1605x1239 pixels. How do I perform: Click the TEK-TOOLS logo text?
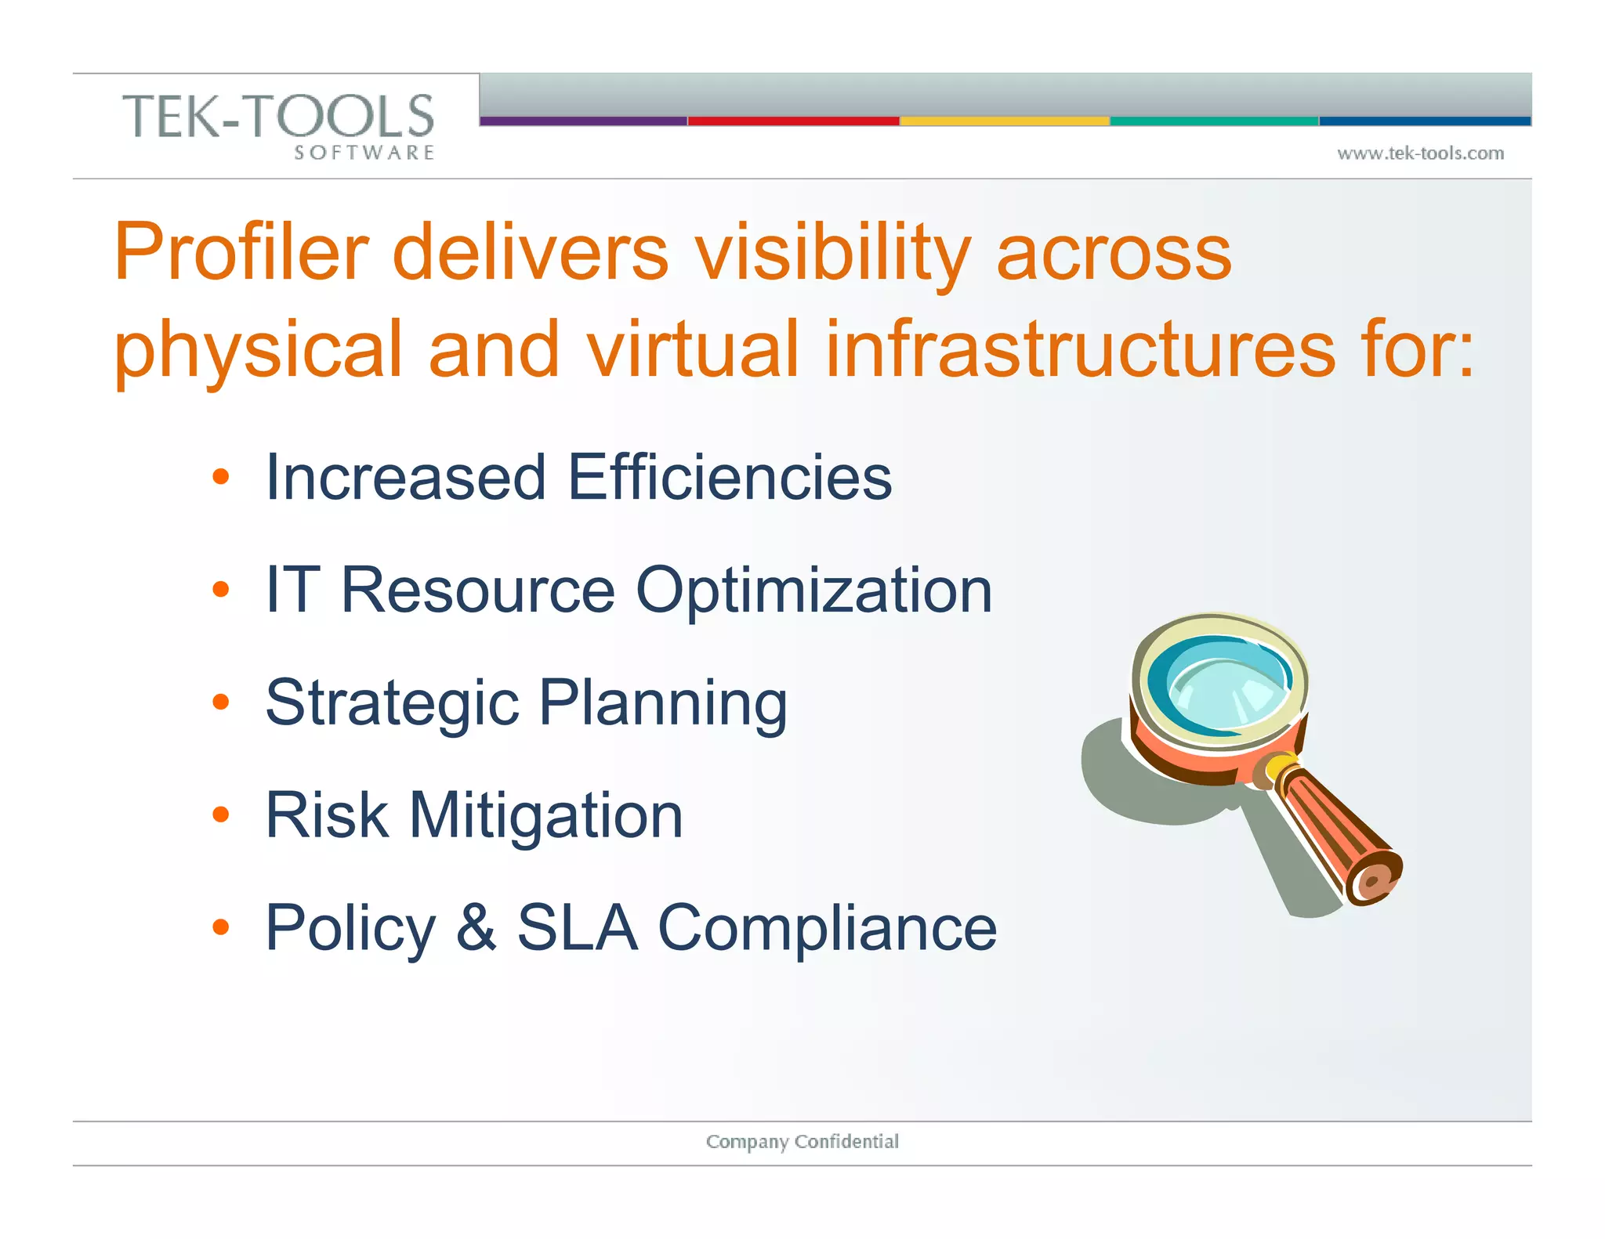[278, 116]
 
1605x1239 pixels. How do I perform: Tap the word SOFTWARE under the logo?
[364, 153]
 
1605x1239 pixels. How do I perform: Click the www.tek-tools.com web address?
[1420, 154]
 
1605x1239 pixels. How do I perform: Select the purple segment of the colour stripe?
[583, 121]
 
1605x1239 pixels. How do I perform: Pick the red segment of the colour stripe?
[793, 121]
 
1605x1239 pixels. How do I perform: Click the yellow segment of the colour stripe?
[1005, 121]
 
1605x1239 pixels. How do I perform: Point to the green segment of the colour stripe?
[1214, 121]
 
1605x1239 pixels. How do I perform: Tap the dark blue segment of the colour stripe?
[1425, 121]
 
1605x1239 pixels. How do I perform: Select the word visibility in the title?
[832, 252]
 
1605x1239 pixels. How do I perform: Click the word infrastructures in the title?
[1080, 349]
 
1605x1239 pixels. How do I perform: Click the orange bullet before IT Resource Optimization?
[221, 589]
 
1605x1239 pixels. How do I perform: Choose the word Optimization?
[813, 591]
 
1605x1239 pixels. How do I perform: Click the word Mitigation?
[545, 815]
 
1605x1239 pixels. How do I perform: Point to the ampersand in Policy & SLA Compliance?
[476, 927]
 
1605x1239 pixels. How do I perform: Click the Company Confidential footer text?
[802, 1141]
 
